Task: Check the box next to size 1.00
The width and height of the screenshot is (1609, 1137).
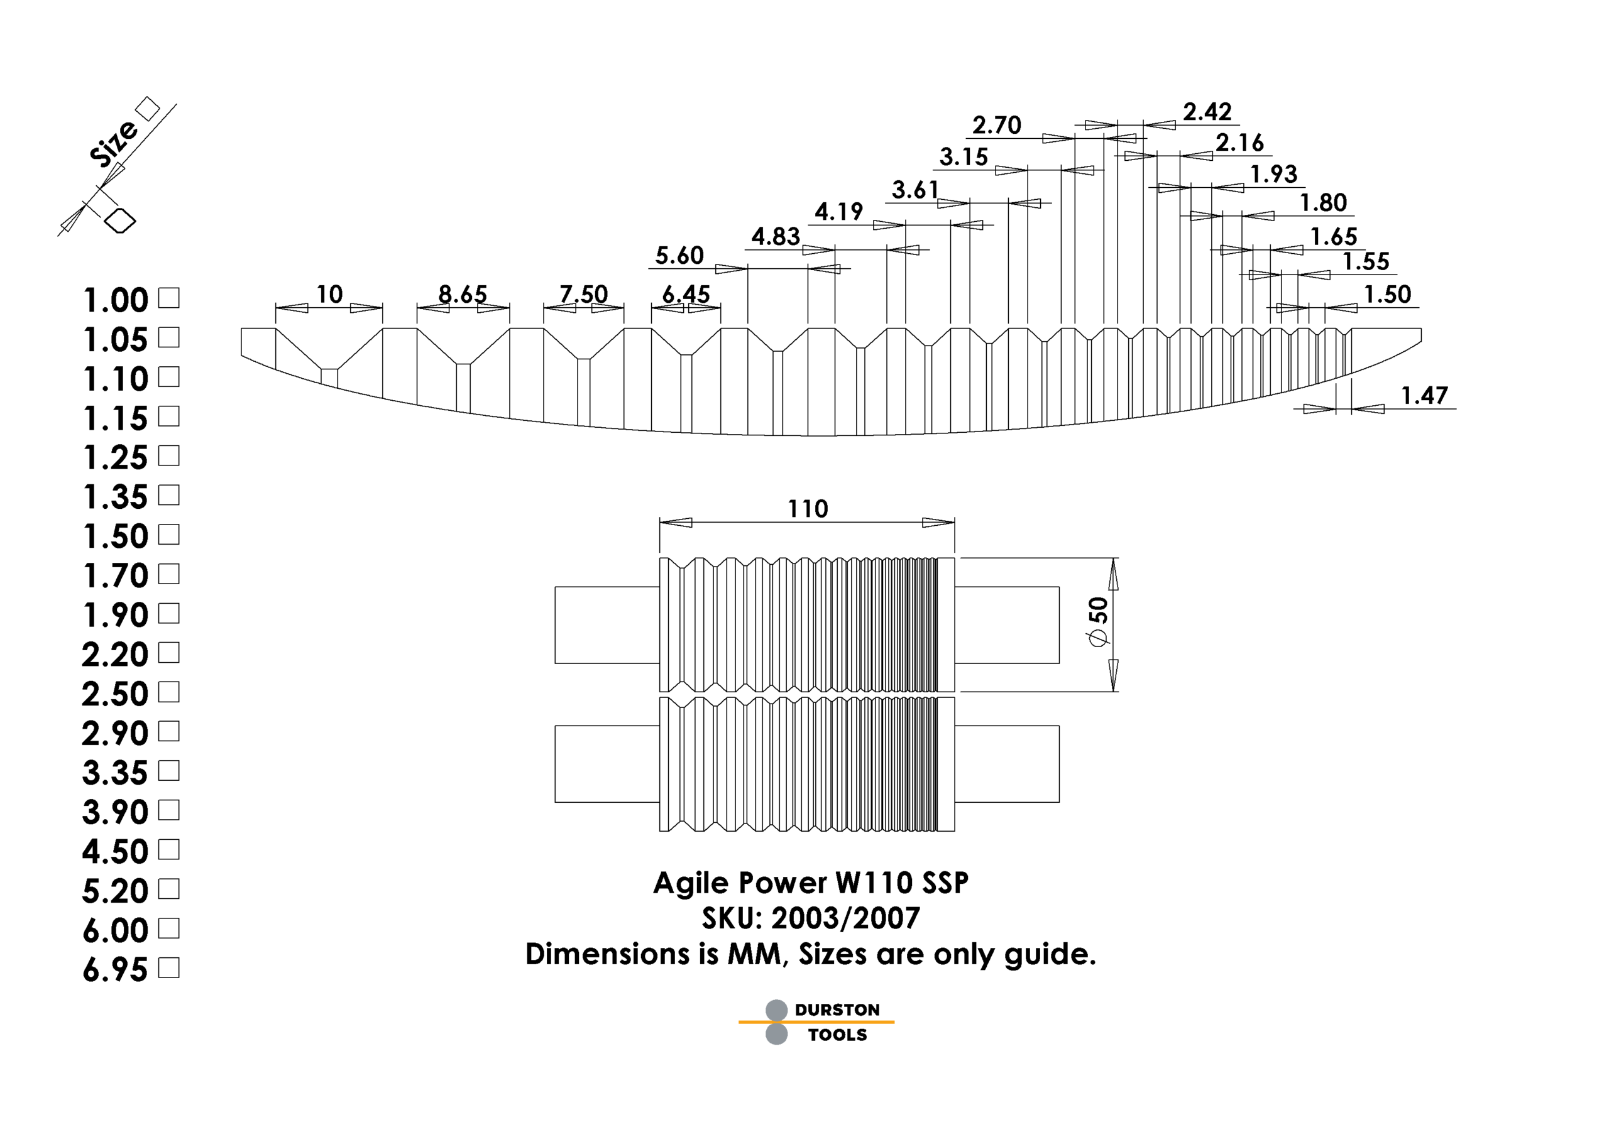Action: (x=169, y=298)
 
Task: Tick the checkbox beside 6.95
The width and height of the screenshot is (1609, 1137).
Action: (x=169, y=967)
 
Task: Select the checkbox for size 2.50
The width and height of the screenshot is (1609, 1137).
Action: (x=169, y=692)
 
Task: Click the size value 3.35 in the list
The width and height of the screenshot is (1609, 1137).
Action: (x=115, y=773)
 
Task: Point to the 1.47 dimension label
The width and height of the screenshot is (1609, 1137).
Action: (x=1424, y=396)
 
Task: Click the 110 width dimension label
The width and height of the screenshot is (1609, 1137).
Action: (x=808, y=509)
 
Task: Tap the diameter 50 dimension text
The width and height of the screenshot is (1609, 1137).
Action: (x=1098, y=621)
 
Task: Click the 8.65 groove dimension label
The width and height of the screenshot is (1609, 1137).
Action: (x=463, y=294)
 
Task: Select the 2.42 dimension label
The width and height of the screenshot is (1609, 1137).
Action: (x=1207, y=111)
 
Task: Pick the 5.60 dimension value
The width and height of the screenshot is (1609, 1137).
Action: (x=679, y=255)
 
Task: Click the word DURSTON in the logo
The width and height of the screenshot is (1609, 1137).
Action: (x=837, y=1009)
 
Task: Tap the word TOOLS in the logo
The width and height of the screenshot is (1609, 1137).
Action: (x=837, y=1035)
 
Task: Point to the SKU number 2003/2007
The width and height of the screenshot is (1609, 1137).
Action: (x=846, y=918)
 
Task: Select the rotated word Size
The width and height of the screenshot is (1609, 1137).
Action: (x=114, y=143)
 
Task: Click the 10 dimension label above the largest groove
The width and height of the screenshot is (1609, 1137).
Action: (x=329, y=294)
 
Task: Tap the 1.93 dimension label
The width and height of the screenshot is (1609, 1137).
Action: (x=1274, y=174)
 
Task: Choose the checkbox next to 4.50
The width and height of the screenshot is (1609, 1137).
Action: (x=169, y=849)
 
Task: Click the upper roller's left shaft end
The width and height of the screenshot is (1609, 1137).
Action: (x=607, y=625)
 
